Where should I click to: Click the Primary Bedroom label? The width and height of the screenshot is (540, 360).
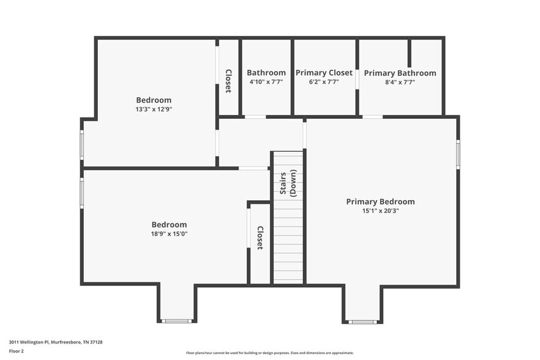380,201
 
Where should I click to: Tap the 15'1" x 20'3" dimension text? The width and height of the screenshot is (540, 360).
380,211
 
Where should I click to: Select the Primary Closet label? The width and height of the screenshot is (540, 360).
324,73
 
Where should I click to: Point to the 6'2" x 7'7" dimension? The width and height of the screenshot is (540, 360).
324,81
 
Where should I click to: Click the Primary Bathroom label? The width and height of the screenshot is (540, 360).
400,73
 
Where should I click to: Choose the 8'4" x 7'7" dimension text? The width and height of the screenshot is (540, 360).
400,82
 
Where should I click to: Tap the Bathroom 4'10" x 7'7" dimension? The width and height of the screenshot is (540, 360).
266,81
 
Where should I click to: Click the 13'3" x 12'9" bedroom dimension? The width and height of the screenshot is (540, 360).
154,109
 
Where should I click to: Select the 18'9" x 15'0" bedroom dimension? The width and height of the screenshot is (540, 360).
169,233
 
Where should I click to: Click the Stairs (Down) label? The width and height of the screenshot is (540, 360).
288,182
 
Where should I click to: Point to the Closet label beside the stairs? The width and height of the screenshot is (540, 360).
260,238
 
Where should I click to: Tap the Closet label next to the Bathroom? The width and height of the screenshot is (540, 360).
228,81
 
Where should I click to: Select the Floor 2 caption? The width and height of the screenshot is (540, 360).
17,351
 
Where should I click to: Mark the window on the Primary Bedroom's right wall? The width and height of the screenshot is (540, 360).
458,154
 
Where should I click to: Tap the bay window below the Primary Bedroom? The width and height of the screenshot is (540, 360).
362,321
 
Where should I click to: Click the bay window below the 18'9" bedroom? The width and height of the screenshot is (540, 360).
176,321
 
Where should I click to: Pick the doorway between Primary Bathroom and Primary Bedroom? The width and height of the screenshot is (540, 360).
372,116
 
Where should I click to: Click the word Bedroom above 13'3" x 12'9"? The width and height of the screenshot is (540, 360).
154,100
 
